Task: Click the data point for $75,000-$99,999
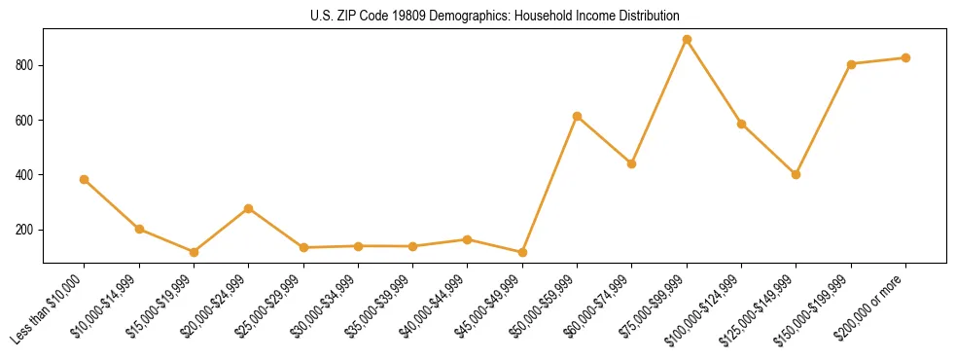687,40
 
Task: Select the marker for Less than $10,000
85,179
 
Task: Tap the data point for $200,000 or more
905,58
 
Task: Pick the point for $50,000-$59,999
577,117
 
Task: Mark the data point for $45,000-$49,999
522,253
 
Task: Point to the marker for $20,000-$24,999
249,208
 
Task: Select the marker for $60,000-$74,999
632,163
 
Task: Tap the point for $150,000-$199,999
851,64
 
